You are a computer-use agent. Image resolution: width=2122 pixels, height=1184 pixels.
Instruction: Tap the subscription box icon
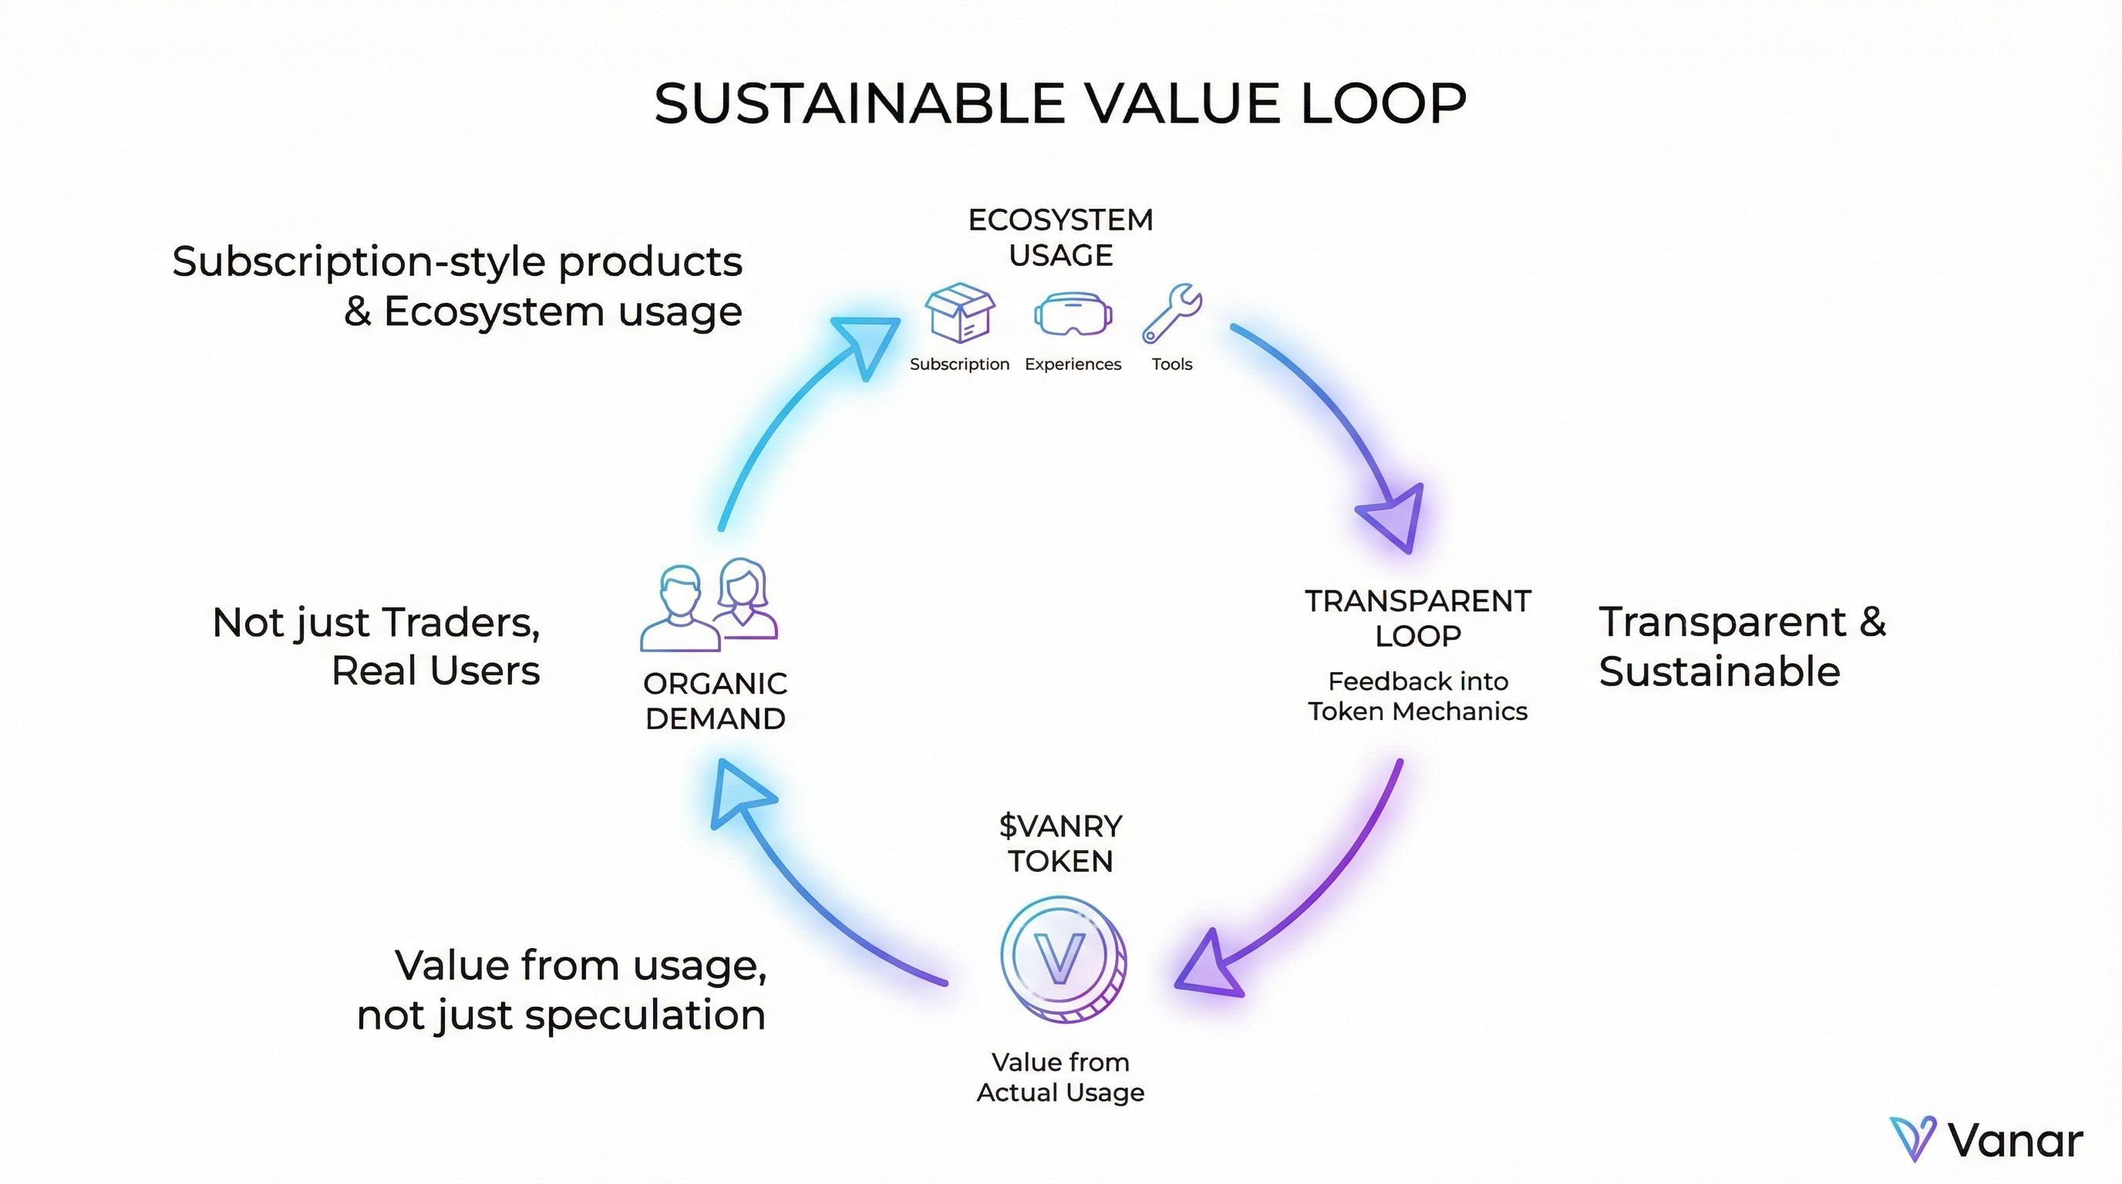coord(959,313)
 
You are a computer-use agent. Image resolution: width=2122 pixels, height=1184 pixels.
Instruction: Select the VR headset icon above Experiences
coord(1073,314)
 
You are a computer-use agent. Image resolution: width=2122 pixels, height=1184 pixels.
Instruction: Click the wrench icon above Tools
coord(1171,313)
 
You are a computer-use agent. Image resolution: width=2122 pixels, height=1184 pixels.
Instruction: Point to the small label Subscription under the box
coord(959,364)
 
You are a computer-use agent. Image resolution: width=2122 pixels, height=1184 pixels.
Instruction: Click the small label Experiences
coord(1073,364)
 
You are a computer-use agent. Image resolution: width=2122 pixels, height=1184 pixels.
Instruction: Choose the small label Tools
coord(1171,364)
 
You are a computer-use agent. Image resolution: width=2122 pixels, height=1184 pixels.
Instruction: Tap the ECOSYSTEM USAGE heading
coord(1060,237)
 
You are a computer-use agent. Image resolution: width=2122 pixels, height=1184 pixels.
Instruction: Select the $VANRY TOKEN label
coord(1060,843)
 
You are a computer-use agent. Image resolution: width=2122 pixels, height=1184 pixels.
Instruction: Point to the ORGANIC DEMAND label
coord(715,701)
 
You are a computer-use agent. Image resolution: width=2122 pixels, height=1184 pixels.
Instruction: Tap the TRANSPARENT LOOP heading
coord(1418,618)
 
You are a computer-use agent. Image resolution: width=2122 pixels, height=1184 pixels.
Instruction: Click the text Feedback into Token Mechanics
coord(1418,696)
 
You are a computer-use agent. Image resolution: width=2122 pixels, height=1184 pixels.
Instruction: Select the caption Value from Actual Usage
coord(1060,1077)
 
